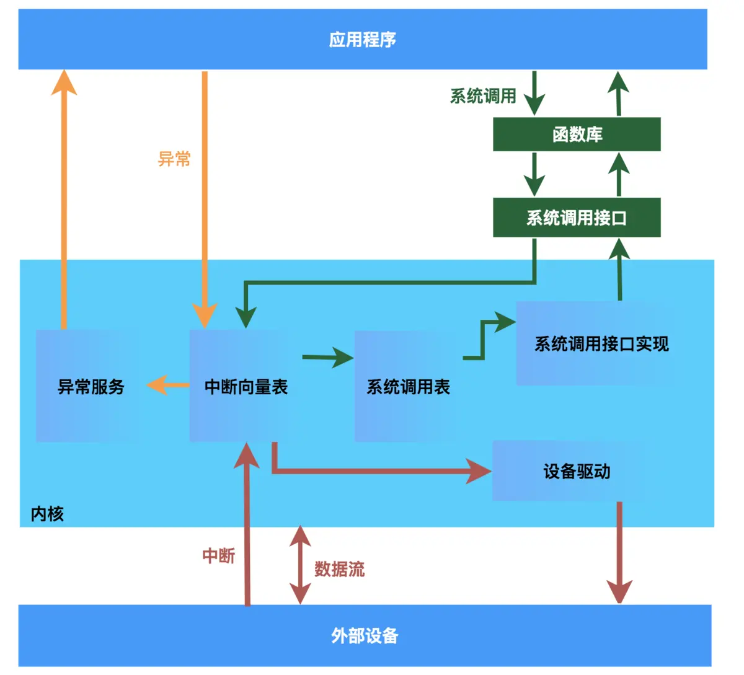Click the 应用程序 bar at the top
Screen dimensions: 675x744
coord(363,39)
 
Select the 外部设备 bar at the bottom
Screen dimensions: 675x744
coord(365,635)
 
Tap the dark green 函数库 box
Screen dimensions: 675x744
coord(577,134)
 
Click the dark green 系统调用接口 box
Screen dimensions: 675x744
coord(577,218)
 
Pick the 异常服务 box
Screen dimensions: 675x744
coord(91,386)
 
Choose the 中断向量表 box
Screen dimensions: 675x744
coord(246,386)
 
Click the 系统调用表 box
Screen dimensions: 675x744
coord(408,386)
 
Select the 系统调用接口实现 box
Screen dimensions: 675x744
coord(601,343)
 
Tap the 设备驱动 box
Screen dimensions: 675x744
coord(577,471)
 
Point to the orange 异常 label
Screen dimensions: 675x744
coord(174,159)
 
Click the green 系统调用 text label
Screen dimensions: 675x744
coord(483,96)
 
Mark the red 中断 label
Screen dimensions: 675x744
coord(219,555)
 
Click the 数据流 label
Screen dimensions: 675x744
coord(339,568)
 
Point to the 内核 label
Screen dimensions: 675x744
coord(47,513)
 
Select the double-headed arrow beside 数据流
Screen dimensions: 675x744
coord(300,565)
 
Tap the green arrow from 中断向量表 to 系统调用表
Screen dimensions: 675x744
coord(327,358)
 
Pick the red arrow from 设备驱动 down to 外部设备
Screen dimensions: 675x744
coord(619,552)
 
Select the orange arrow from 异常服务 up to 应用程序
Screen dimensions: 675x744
coord(63,198)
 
